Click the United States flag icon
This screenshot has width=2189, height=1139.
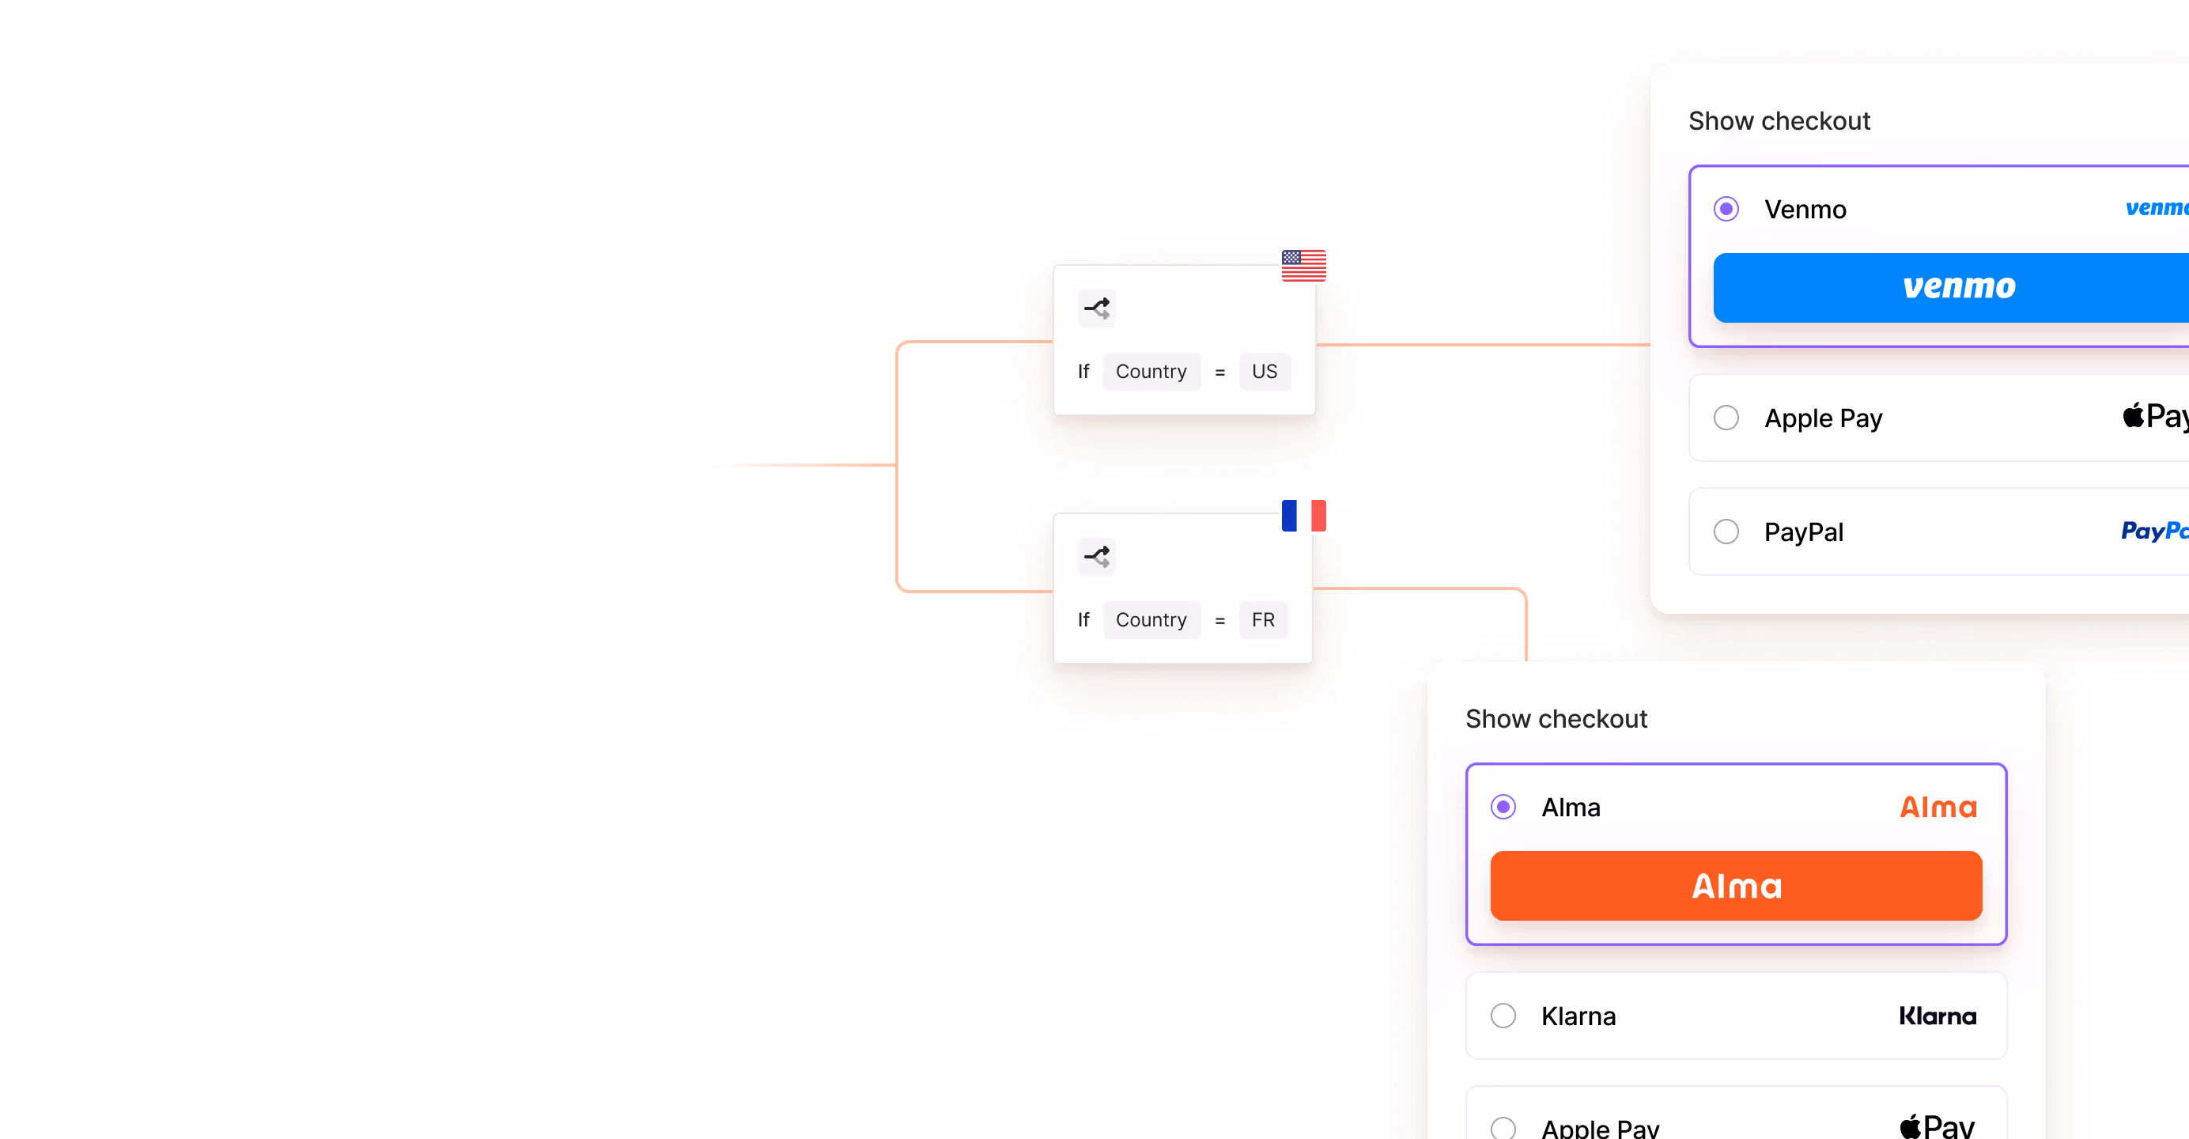coord(1303,265)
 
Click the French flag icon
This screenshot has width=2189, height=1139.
coord(1303,515)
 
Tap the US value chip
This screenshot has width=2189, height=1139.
coord(1265,372)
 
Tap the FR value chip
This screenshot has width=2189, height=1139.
coord(1263,619)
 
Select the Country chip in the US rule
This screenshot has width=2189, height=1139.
coord(1151,372)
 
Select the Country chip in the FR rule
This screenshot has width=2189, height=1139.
coord(1151,619)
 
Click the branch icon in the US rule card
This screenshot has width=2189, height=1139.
coord(1096,308)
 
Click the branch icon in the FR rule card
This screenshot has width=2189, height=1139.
coord(1096,557)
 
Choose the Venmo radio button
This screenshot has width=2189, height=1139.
coord(1726,209)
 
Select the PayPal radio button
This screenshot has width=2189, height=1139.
coord(1726,532)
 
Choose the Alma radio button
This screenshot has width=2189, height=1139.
coord(1503,807)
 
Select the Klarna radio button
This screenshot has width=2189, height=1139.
coord(1503,1016)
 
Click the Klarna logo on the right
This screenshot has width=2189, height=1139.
coord(1938,1016)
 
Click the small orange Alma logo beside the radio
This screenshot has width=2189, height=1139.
coord(1938,807)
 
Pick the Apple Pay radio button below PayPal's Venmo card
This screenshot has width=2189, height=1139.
coord(1726,418)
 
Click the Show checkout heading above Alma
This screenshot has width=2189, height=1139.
coord(1556,719)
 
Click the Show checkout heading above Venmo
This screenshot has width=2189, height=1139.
coord(1779,121)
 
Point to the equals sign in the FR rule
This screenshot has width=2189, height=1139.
coord(1220,620)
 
